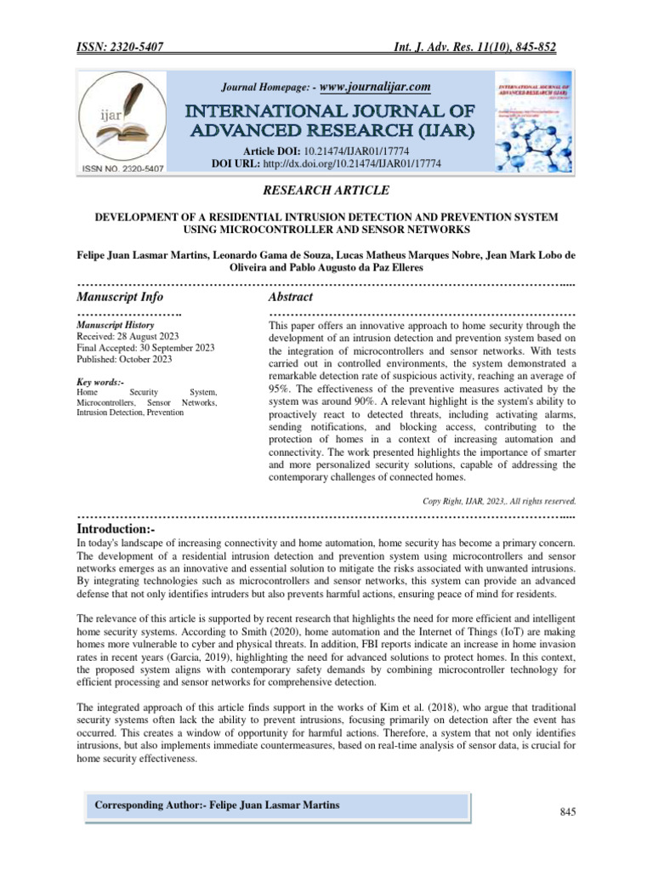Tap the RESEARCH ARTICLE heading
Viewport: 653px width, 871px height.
[326, 190]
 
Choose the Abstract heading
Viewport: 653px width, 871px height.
[290, 297]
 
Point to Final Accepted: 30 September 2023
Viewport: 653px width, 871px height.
[145, 348]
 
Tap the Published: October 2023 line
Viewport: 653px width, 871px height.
[124, 359]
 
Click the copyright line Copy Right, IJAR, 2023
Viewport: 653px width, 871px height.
[499, 500]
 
